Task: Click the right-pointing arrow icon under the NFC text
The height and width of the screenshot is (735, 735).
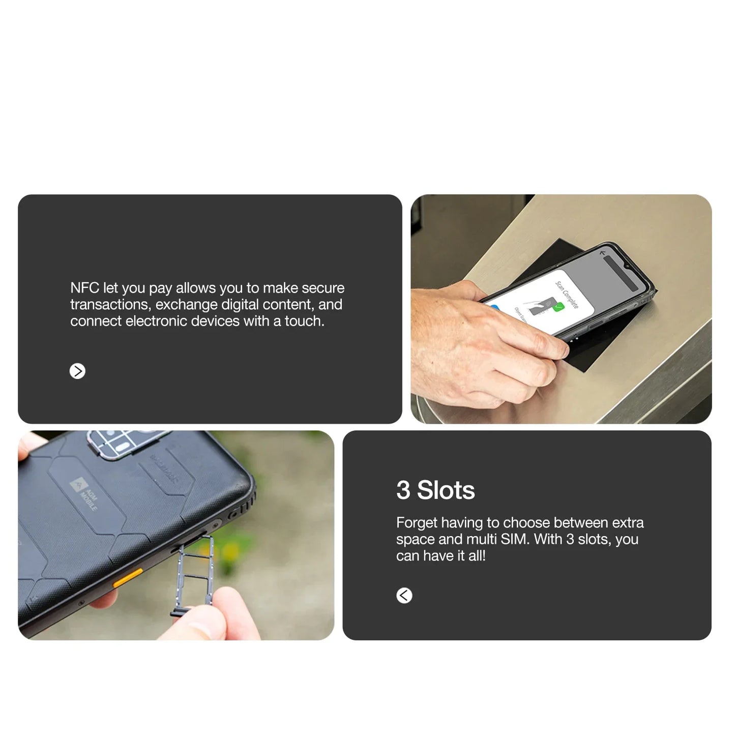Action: [x=77, y=371]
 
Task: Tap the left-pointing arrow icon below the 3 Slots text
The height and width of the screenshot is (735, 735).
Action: [x=404, y=595]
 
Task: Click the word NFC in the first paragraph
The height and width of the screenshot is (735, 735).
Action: [x=84, y=288]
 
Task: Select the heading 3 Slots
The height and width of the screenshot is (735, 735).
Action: [x=435, y=490]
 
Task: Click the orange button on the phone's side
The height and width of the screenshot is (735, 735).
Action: [x=128, y=578]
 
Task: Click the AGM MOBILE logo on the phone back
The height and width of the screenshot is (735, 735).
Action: [x=84, y=493]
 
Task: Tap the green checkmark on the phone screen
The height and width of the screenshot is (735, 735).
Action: [x=558, y=307]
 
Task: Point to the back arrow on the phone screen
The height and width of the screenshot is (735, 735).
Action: [x=603, y=253]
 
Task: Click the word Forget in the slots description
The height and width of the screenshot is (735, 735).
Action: [x=417, y=523]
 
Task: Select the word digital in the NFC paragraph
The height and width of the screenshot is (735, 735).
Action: [x=240, y=305]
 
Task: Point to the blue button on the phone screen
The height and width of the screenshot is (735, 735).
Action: [x=493, y=307]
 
